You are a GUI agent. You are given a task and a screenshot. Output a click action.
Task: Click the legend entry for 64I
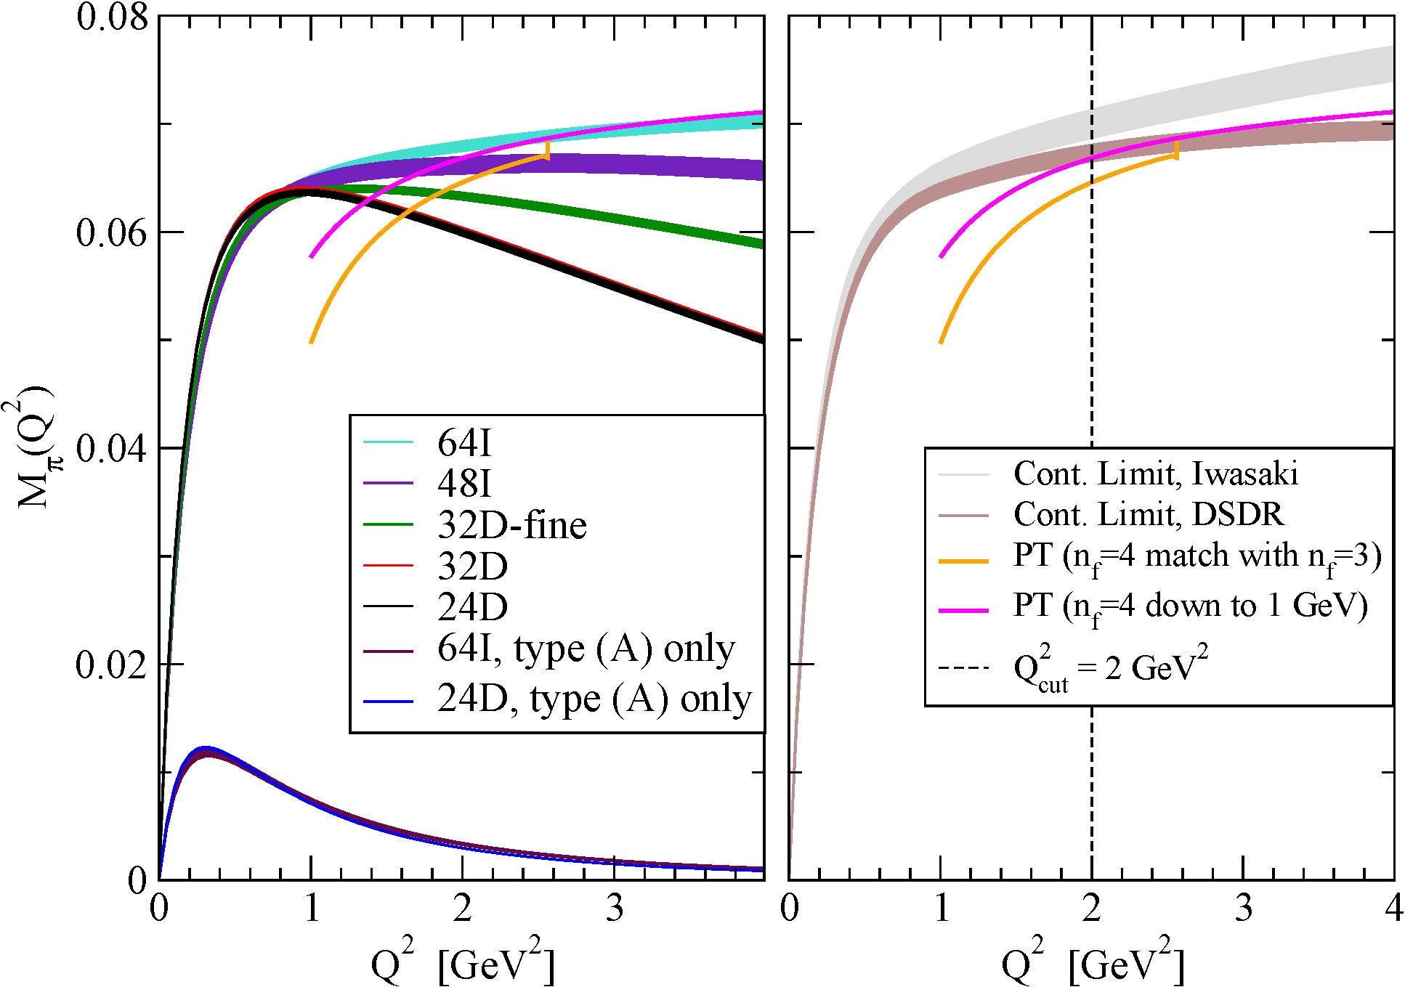tap(464, 442)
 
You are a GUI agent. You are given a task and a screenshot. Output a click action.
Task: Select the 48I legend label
tap(464, 483)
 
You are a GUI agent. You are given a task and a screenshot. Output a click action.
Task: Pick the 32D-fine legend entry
tap(512, 524)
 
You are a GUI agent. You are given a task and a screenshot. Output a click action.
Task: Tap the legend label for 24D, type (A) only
tap(594, 699)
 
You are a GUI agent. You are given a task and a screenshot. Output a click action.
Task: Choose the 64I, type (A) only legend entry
tap(586, 649)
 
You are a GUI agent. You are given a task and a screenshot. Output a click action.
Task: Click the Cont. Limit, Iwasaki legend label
tap(1155, 474)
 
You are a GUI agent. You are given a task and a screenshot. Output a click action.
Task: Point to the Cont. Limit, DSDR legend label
tap(1149, 515)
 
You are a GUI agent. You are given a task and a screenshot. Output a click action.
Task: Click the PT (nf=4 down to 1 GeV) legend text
tap(1190, 606)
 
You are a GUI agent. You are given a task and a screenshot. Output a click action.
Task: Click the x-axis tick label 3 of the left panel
tap(615, 909)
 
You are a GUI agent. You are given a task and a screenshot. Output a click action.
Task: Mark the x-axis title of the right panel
tap(1092, 962)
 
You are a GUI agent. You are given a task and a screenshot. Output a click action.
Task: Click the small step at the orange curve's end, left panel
tap(547, 149)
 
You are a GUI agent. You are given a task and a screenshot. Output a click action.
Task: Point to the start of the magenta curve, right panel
tap(942, 256)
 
